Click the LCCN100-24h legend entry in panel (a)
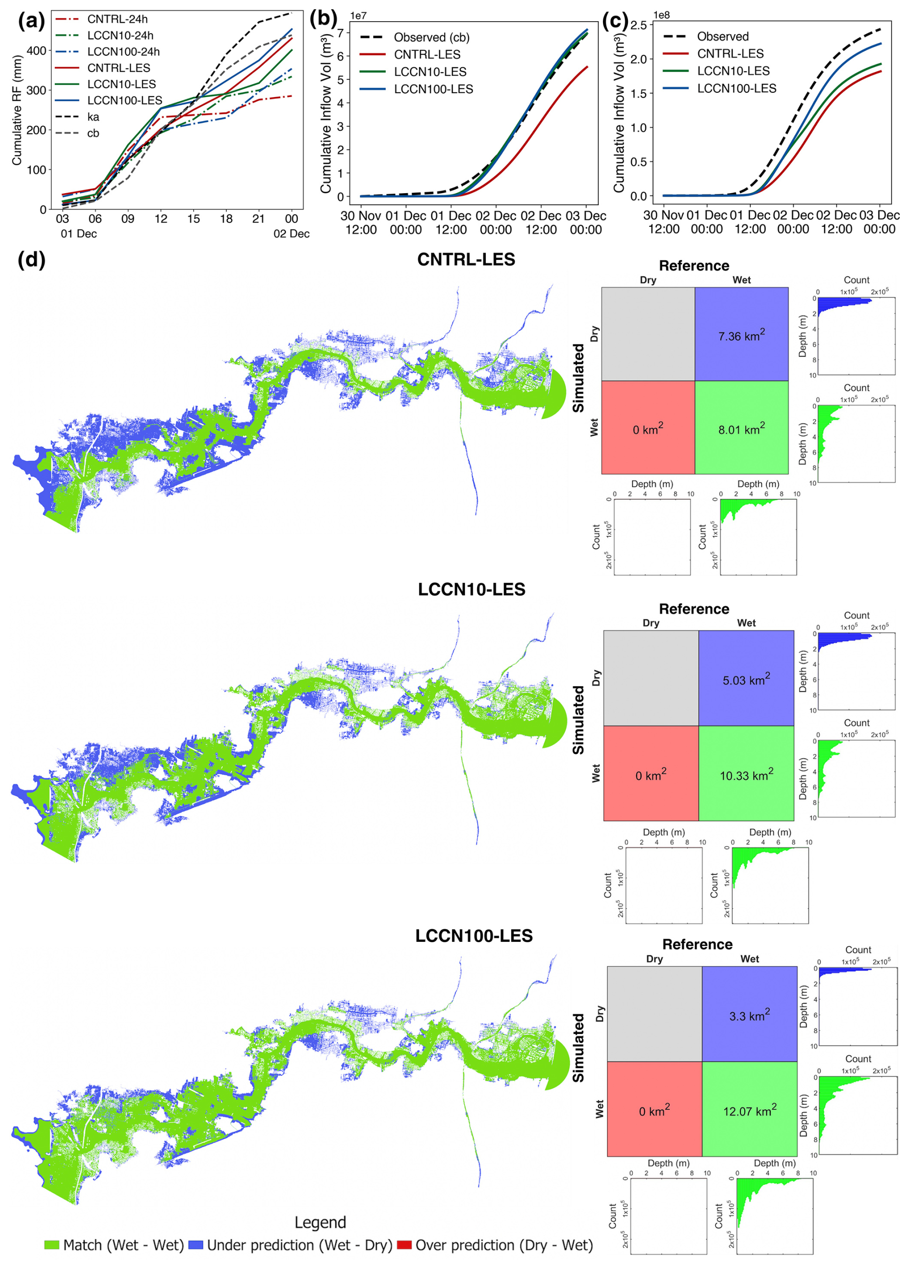[x=108, y=52]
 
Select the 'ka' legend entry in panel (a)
[x=78, y=117]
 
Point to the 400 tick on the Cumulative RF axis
[x=37, y=51]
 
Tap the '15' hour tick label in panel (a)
[x=194, y=219]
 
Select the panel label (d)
[x=31, y=259]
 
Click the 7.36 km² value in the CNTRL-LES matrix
[x=741, y=335]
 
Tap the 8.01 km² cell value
[x=741, y=429]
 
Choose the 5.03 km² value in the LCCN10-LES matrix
[x=746, y=679]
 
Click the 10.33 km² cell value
[x=746, y=775]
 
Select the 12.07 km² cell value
[x=749, y=1110]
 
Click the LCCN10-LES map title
[x=472, y=589]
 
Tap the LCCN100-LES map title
[x=474, y=936]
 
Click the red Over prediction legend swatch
[x=404, y=1244]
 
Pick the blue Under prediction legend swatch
[x=195, y=1244]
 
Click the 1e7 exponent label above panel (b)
[x=358, y=16]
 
